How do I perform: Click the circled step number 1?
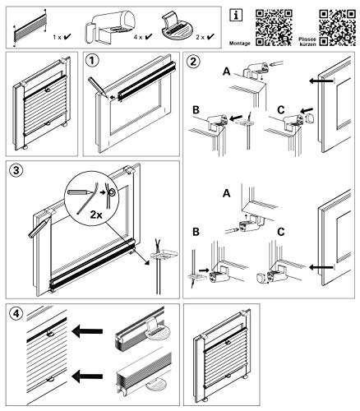(x=92, y=61)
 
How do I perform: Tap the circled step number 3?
(x=16, y=170)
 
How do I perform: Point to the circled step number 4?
(x=16, y=313)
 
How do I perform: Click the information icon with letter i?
(x=236, y=16)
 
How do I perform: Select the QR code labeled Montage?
(x=274, y=28)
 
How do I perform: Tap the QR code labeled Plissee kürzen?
(x=338, y=28)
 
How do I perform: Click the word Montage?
(x=240, y=44)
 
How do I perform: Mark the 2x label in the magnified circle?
(x=96, y=215)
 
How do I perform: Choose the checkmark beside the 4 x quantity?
(x=149, y=36)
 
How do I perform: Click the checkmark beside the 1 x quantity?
(x=67, y=36)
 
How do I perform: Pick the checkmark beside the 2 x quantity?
(x=210, y=36)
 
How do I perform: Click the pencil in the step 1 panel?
(x=98, y=87)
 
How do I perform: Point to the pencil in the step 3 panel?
(x=39, y=228)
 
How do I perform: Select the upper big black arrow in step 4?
(x=87, y=331)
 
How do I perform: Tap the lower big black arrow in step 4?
(x=87, y=376)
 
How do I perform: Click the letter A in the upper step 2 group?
(x=227, y=72)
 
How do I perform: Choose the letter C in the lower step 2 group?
(x=281, y=232)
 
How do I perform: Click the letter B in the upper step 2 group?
(x=196, y=110)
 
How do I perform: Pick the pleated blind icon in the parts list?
(x=30, y=28)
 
